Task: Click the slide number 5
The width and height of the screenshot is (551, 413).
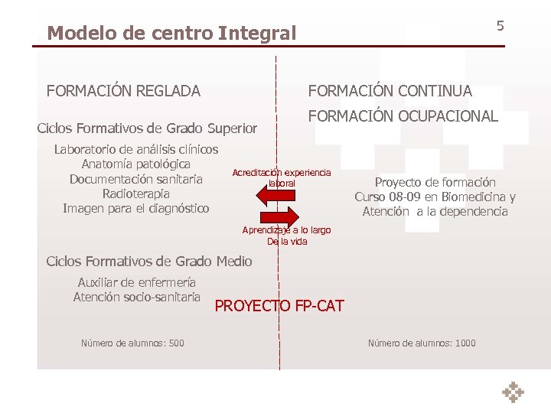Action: [500, 26]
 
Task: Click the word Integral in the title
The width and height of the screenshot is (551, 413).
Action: [257, 34]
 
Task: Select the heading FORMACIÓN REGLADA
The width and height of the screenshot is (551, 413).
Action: [123, 92]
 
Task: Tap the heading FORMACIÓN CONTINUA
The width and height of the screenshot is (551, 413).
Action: [390, 91]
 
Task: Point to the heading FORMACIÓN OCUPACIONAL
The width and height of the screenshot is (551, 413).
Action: [403, 117]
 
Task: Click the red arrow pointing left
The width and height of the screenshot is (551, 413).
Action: [272, 197]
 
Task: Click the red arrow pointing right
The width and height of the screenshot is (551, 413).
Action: [292, 216]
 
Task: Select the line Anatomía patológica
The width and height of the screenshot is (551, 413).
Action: [135, 164]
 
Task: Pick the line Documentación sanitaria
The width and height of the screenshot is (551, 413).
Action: [135, 179]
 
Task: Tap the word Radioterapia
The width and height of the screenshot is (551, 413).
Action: [135, 193]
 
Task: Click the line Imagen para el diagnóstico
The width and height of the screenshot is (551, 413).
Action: [135, 208]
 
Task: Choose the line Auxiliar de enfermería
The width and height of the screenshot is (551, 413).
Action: [136, 282]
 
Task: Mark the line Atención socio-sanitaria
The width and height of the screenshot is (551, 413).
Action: [136, 297]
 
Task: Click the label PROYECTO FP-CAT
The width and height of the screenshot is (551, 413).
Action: [279, 307]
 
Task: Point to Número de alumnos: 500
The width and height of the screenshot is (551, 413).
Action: [132, 343]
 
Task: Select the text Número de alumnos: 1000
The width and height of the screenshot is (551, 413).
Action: [422, 343]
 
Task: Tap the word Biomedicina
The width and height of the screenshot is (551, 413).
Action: [468, 197]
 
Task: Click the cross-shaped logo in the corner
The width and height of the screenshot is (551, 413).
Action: [513, 392]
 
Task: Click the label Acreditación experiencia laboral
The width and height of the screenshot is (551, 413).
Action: [282, 178]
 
